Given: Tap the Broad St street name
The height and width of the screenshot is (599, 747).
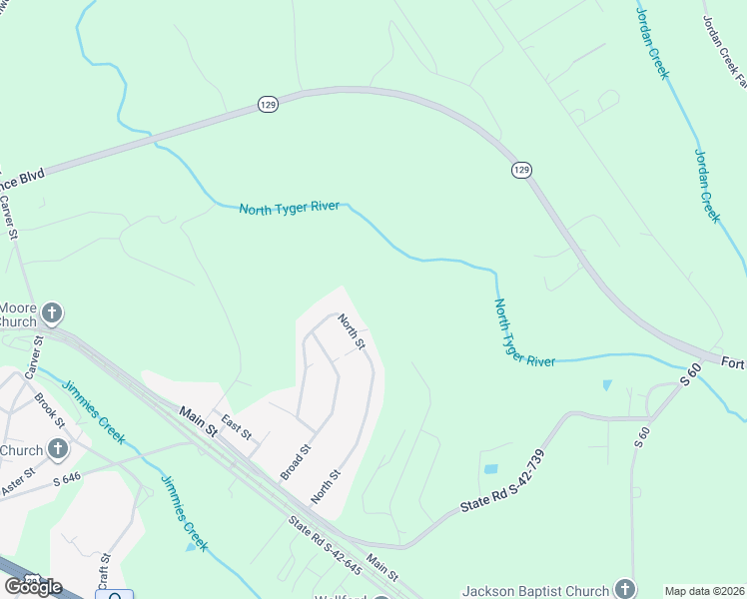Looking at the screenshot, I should coord(297,462).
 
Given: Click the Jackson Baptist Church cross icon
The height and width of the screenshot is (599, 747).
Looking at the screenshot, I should coord(625,588).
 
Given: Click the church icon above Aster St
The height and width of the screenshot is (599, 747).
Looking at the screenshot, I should coord(58,449).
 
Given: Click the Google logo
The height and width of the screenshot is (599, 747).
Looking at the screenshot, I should coord(32,586).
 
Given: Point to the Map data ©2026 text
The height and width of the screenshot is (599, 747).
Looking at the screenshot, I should coord(704,591).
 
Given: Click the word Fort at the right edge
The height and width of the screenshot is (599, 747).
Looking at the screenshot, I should coord(734,363).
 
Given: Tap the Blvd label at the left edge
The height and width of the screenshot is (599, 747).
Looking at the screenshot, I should coord(22,180).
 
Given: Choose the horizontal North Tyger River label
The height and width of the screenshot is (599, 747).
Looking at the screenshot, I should coord(290,208).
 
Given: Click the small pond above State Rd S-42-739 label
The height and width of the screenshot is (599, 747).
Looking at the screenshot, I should coord(489,468).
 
